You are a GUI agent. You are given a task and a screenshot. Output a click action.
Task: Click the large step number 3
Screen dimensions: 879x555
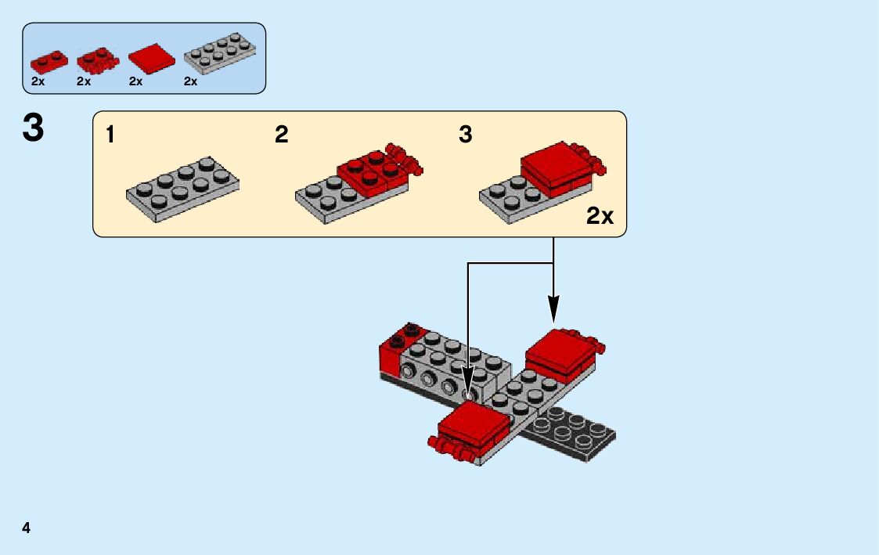click(x=33, y=128)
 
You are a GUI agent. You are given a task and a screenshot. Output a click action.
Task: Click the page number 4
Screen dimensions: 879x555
click(x=27, y=527)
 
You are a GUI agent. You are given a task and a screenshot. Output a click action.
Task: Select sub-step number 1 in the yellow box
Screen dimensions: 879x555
click(x=110, y=135)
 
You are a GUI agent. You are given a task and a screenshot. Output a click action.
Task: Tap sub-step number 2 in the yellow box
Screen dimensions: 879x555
click(x=282, y=135)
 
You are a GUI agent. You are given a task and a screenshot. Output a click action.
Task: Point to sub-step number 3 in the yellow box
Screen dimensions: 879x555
click(x=466, y=135)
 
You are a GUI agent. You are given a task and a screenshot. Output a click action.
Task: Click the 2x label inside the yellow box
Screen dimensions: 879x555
click(x=600, y=217)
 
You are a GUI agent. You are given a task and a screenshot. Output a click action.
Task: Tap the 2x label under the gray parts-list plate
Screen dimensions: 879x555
click(x=191, y=81)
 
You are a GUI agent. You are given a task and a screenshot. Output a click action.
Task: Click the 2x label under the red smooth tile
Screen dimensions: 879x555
click(x=136, y=81)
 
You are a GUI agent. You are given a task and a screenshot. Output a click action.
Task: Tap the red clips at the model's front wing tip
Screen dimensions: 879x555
click(x=449, y=449)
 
